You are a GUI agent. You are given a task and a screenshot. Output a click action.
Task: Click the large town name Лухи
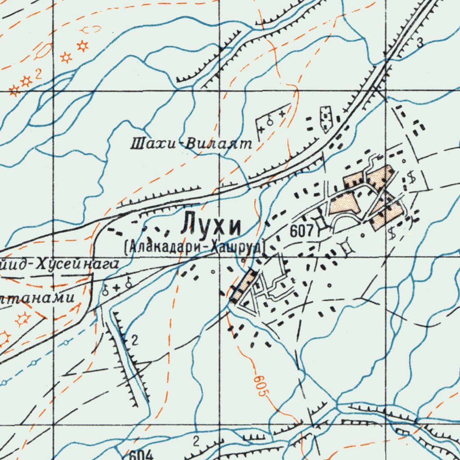211,225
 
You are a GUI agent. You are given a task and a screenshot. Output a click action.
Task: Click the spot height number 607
301,231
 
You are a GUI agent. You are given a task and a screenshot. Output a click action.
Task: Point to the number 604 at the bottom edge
143,455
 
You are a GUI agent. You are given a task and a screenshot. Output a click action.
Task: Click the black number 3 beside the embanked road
420,43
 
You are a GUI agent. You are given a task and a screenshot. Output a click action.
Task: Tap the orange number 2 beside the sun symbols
39,75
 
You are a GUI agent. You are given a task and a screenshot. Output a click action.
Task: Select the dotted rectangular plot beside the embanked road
325,119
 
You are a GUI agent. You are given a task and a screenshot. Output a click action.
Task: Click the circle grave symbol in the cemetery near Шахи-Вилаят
270,120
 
